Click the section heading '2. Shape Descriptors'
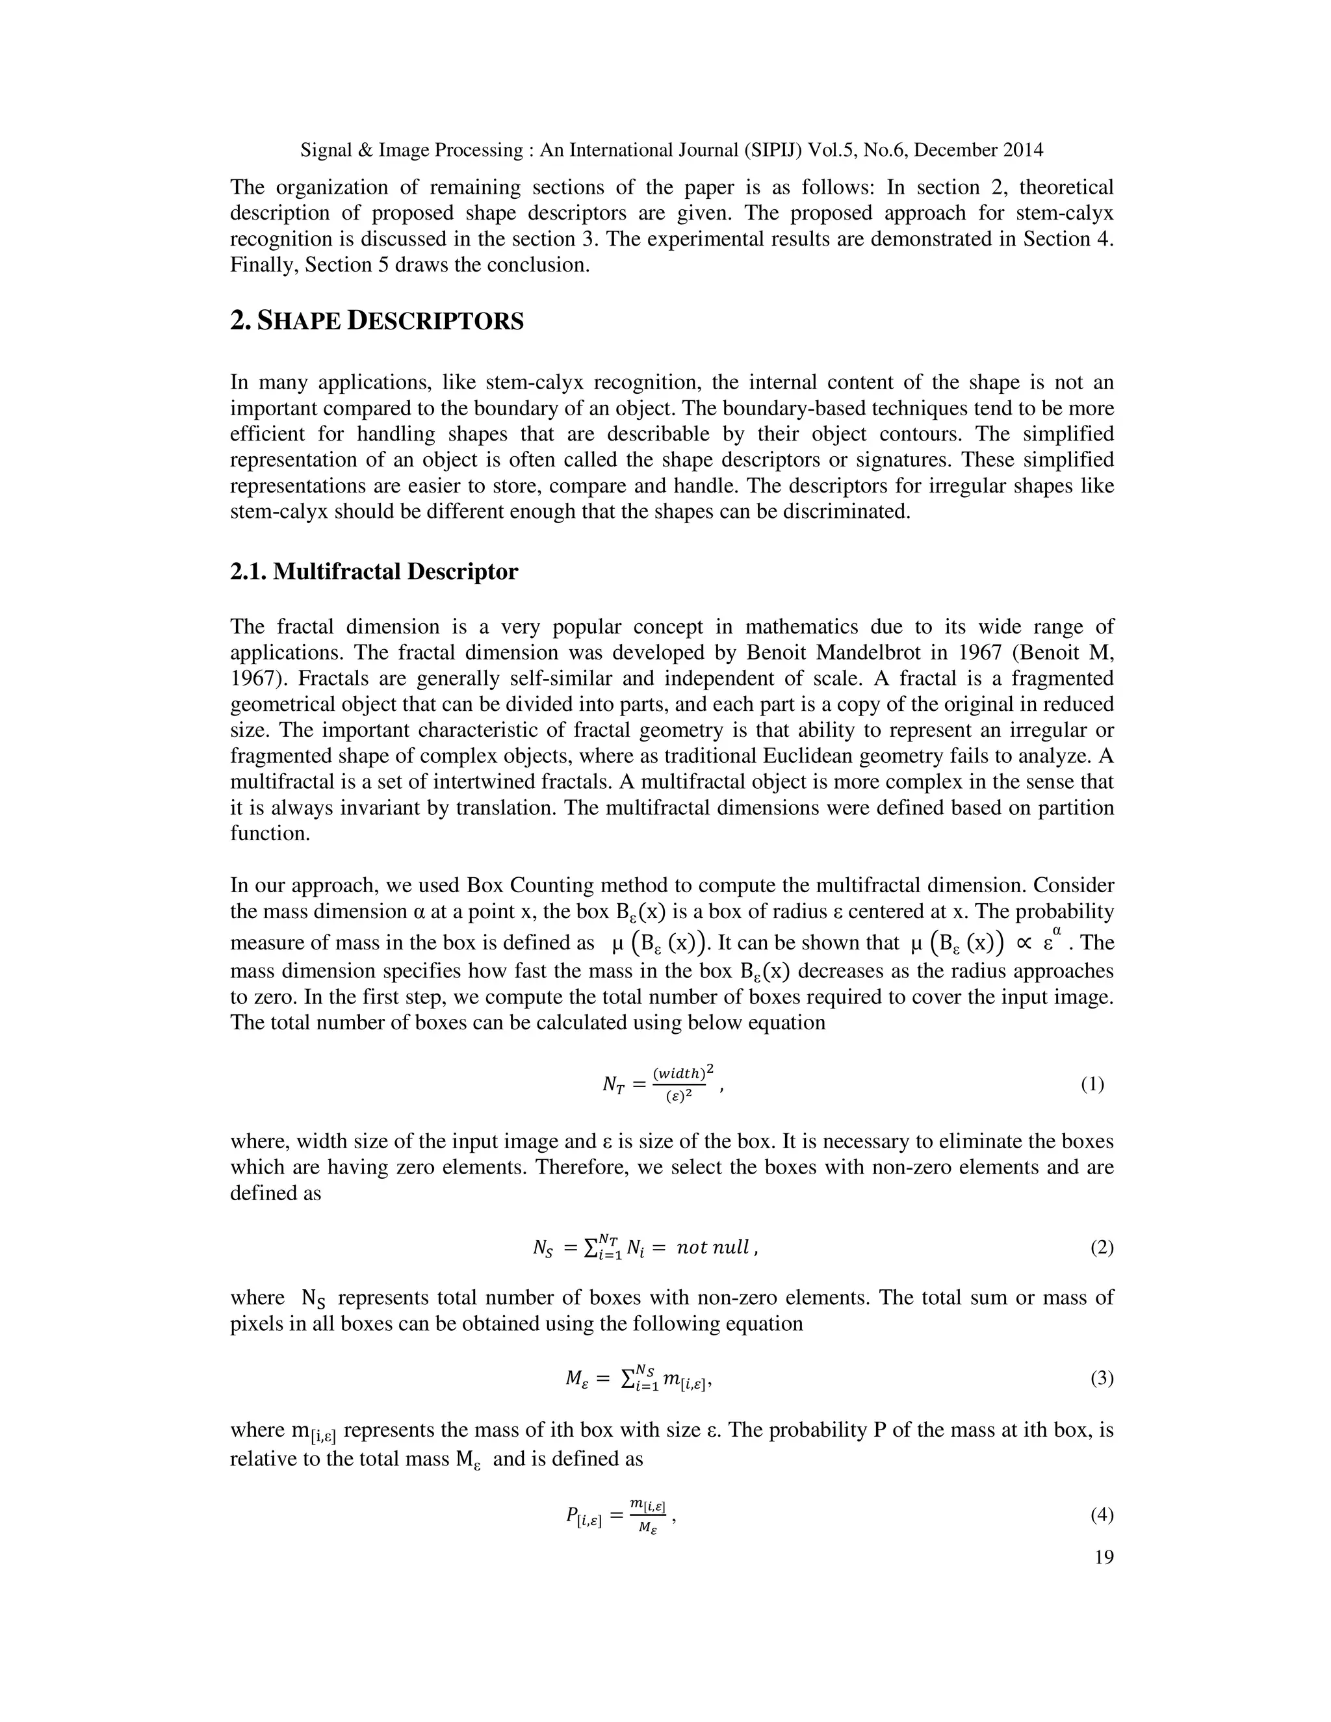[377, 321]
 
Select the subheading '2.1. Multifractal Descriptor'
[374, 572]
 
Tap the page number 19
[1104, 1557]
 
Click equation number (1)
[1092, 1084]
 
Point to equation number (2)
[1102, 1248]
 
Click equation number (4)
[1102, 1515]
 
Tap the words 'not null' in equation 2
[713, 1248]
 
